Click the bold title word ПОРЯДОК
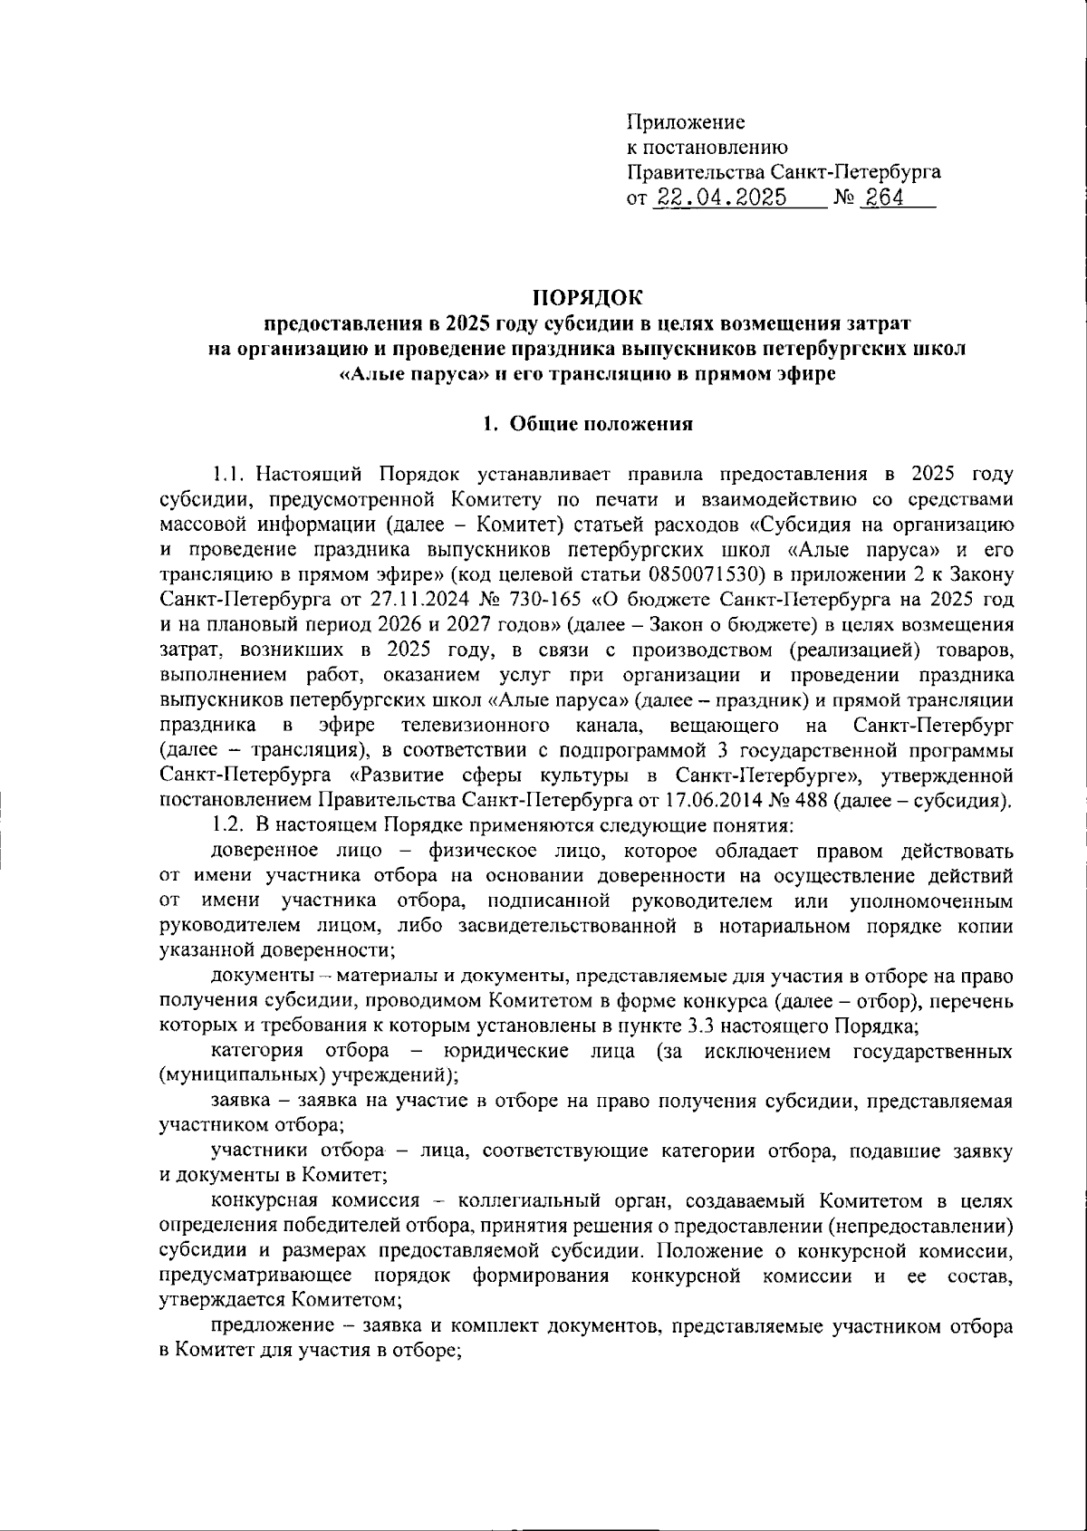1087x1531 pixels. tap(586, 297)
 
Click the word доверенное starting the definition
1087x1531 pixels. tap(265, 850)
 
